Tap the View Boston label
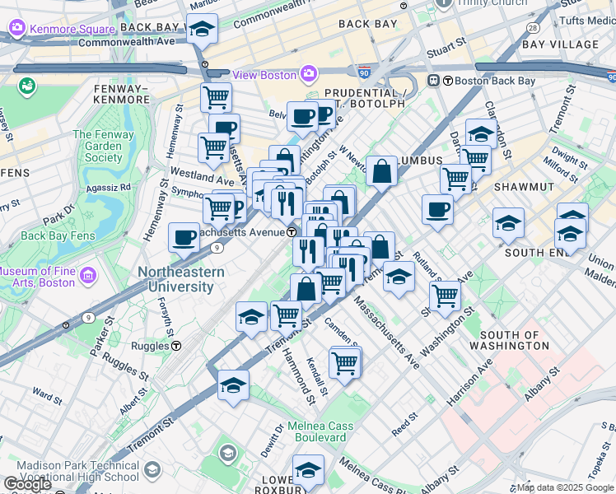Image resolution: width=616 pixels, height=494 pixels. coord(264,75)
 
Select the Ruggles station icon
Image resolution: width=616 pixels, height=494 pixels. coord(176,347)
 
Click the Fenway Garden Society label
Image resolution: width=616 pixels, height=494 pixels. coord(103,146)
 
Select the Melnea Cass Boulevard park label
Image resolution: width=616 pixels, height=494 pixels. coord(320,431)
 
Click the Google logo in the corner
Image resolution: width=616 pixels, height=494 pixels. coord(27,484)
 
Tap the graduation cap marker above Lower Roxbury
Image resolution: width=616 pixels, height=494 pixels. coord(308,469)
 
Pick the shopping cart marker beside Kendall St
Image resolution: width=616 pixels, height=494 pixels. coord(344,361)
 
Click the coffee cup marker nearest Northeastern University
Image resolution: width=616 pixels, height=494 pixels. coord(184,237)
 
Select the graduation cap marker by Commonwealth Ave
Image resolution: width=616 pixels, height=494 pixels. coord(202,29)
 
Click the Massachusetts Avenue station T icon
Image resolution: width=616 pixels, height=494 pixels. coord(292,232)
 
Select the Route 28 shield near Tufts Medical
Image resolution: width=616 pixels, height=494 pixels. coord(533,27)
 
